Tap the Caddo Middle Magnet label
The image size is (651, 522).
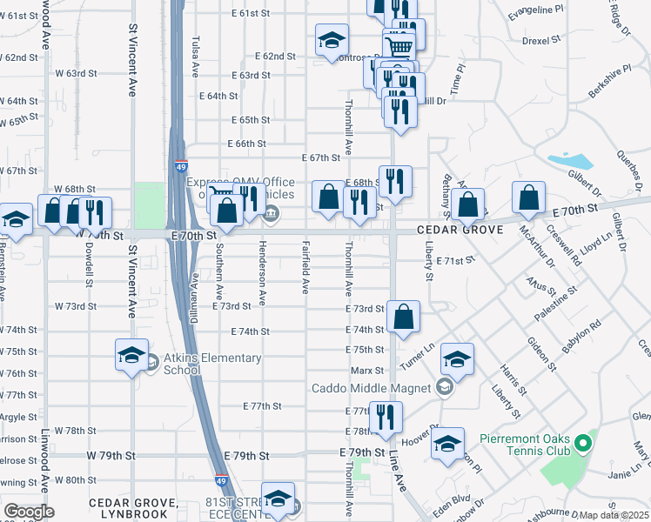[x=372, y=387]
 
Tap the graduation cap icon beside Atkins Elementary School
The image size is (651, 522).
[x=131, y=355]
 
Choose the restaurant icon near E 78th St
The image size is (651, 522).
[x=386, y=417]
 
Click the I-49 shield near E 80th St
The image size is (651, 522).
[x=221, y=478]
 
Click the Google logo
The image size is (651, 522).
[x=29, y=512]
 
